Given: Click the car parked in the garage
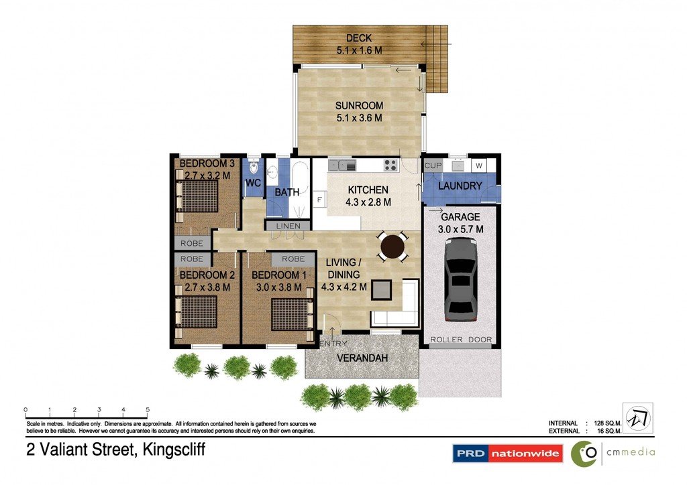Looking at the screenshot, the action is (460, 280).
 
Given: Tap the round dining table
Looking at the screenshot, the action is (392, 247).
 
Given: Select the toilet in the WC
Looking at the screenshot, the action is (253, 168).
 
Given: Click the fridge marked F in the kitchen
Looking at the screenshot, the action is (319, 200).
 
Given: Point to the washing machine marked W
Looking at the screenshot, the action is (479, 165).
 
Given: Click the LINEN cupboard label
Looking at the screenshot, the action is (288, 226).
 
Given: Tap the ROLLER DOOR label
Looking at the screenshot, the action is (461, 340).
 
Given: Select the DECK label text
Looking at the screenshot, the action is (359, 38).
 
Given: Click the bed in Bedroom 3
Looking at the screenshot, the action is (197, 196).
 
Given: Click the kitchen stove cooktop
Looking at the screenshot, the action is (390, 165).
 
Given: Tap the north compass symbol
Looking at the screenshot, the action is (638, 417).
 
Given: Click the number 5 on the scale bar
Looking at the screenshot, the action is (148, 409).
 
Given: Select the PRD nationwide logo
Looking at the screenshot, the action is (507, 453).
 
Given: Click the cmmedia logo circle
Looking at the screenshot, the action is (585, 454).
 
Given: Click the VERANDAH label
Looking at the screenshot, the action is (362, 358).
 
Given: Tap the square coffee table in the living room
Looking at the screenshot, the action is (381, 289).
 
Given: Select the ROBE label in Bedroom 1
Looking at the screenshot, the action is (293, 259).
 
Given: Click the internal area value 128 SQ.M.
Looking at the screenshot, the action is (608, 423).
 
